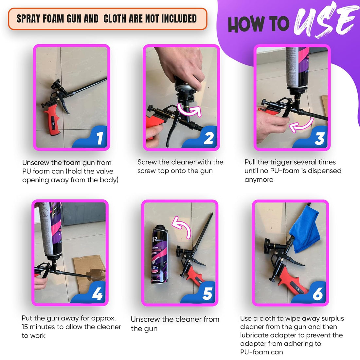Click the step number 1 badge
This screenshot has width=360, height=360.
point(99,138)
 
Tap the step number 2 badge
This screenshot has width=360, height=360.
point(208,138)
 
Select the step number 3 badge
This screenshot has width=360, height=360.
point(319,139)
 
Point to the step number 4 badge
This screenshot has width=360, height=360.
point(97,294)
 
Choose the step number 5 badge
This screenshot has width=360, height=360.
point(207,294)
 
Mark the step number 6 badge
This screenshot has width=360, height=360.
point(317,294)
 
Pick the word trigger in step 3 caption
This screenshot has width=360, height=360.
point(287,162)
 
